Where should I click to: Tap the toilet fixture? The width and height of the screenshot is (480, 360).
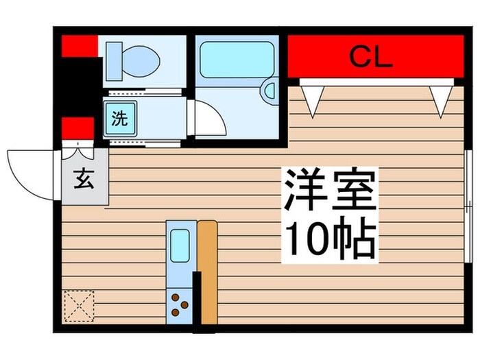point(137,59)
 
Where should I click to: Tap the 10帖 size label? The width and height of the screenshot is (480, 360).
point(330,239)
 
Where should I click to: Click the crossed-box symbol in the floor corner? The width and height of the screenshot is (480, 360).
point(78,305)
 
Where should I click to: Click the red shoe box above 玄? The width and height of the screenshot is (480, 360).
point(77,128)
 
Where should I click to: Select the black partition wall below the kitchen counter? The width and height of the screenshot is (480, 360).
point(197,298)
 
